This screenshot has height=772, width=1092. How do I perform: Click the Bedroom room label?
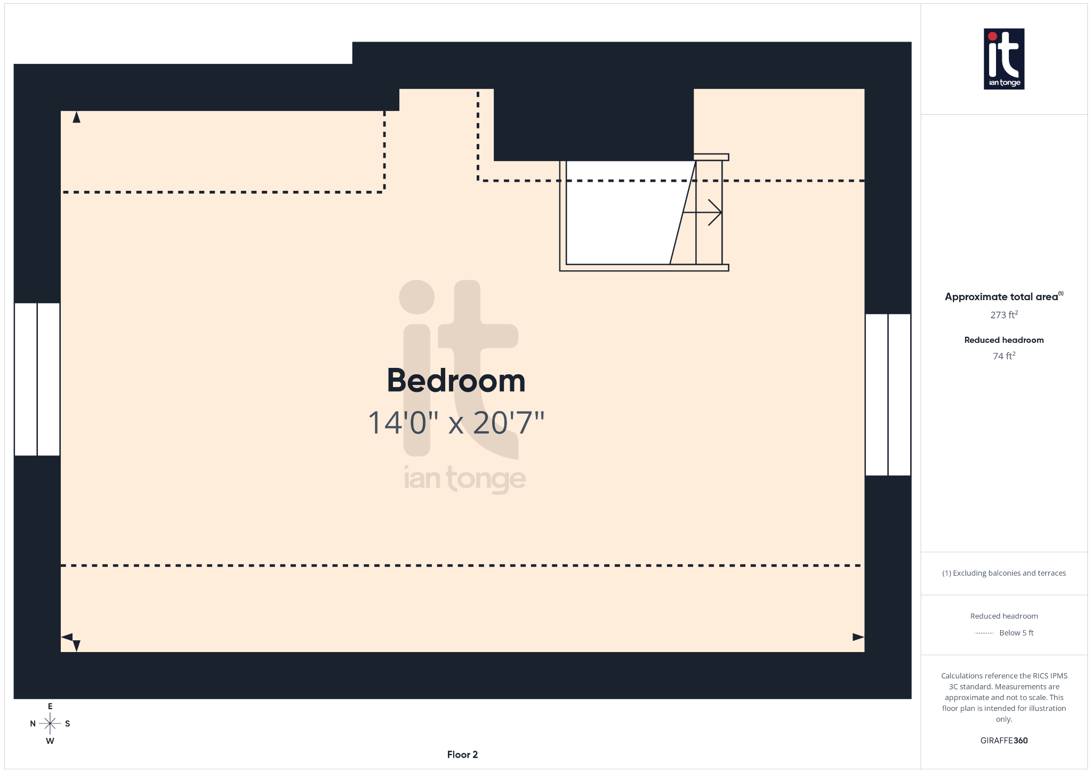(x=456, y=381)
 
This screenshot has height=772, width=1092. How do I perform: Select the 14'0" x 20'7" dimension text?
(x=456, y=423)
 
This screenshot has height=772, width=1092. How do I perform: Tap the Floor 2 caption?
(x=462, y=754)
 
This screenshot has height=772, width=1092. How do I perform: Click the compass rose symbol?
(x=50, y=723)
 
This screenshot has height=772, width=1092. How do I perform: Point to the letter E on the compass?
(x=50, y=706)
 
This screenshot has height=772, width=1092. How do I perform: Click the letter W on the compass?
(x=50, y=741)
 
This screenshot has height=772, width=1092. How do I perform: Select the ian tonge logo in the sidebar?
(x=1003, y=59)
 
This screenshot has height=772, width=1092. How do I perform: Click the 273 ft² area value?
(x=1003, y=315)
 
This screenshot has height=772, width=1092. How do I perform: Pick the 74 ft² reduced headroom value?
(x=1003, y=356)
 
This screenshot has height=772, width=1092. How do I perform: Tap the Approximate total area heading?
(x=1001, y=297)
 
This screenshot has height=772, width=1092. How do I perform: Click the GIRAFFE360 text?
(x=1003, y=741)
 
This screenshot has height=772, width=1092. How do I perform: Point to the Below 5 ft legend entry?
(x=1016, y=633)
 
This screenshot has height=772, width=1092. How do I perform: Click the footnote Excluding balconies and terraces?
(x=1003, y=573)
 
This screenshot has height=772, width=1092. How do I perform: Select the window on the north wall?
(x=37, y=379)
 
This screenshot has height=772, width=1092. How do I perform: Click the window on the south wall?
(x=888, y=395)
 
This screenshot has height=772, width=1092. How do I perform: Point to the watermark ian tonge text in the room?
(x=464, y=478)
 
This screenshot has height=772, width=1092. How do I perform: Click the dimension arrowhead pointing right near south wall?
(x=858, y=637)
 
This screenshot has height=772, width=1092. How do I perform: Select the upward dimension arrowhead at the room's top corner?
(x=77, y=117)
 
